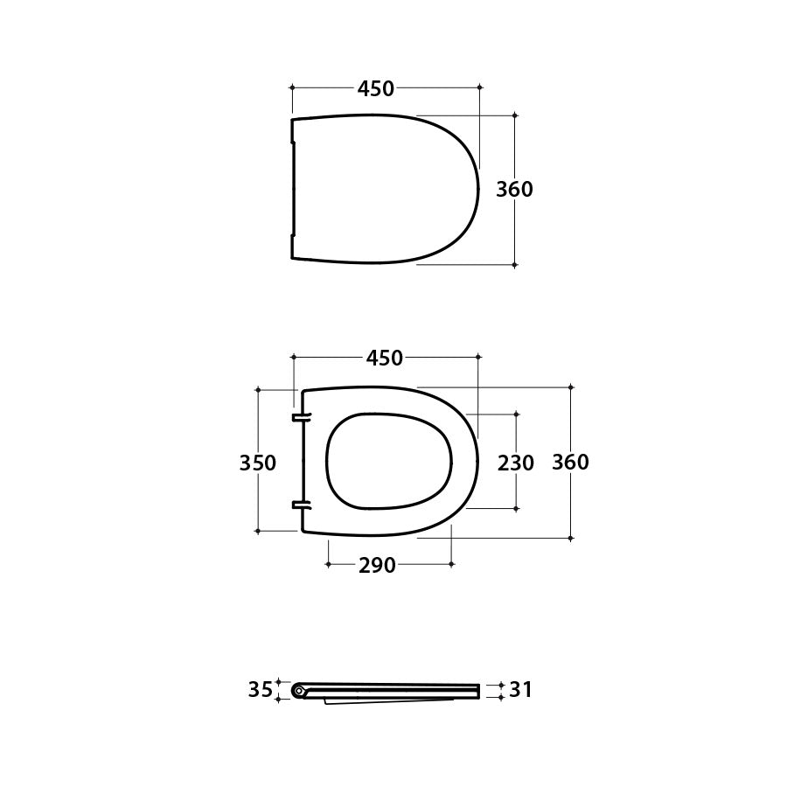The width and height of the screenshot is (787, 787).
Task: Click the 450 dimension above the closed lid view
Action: (376, 88)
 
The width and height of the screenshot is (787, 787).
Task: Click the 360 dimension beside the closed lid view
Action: (514, 189)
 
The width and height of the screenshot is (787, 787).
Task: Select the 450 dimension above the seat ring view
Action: (385, 358)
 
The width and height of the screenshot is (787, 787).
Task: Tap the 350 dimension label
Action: (258, 463)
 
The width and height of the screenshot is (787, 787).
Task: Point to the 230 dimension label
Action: (516, 463)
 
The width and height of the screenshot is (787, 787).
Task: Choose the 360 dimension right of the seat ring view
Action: (570, 463)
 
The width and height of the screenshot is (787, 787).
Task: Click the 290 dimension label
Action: (377, 566)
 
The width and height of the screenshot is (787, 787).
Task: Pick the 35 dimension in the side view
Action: (260, 690)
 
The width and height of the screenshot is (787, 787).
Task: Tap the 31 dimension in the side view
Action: (520, 690)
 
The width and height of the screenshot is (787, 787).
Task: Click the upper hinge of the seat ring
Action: (301, 418)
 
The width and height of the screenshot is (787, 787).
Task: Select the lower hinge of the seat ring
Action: (301, 505)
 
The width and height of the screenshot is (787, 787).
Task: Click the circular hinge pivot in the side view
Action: (299, 691)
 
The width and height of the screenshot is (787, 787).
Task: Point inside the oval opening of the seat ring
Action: (388, 460)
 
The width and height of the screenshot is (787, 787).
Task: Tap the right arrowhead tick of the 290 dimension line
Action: (451, 565)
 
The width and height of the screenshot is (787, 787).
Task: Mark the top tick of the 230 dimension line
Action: (516, 414)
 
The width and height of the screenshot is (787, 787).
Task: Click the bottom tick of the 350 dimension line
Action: (258, 531)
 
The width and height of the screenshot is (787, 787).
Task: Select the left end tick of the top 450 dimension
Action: (292, 87)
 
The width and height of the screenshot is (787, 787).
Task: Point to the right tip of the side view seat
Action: (478, 691)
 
